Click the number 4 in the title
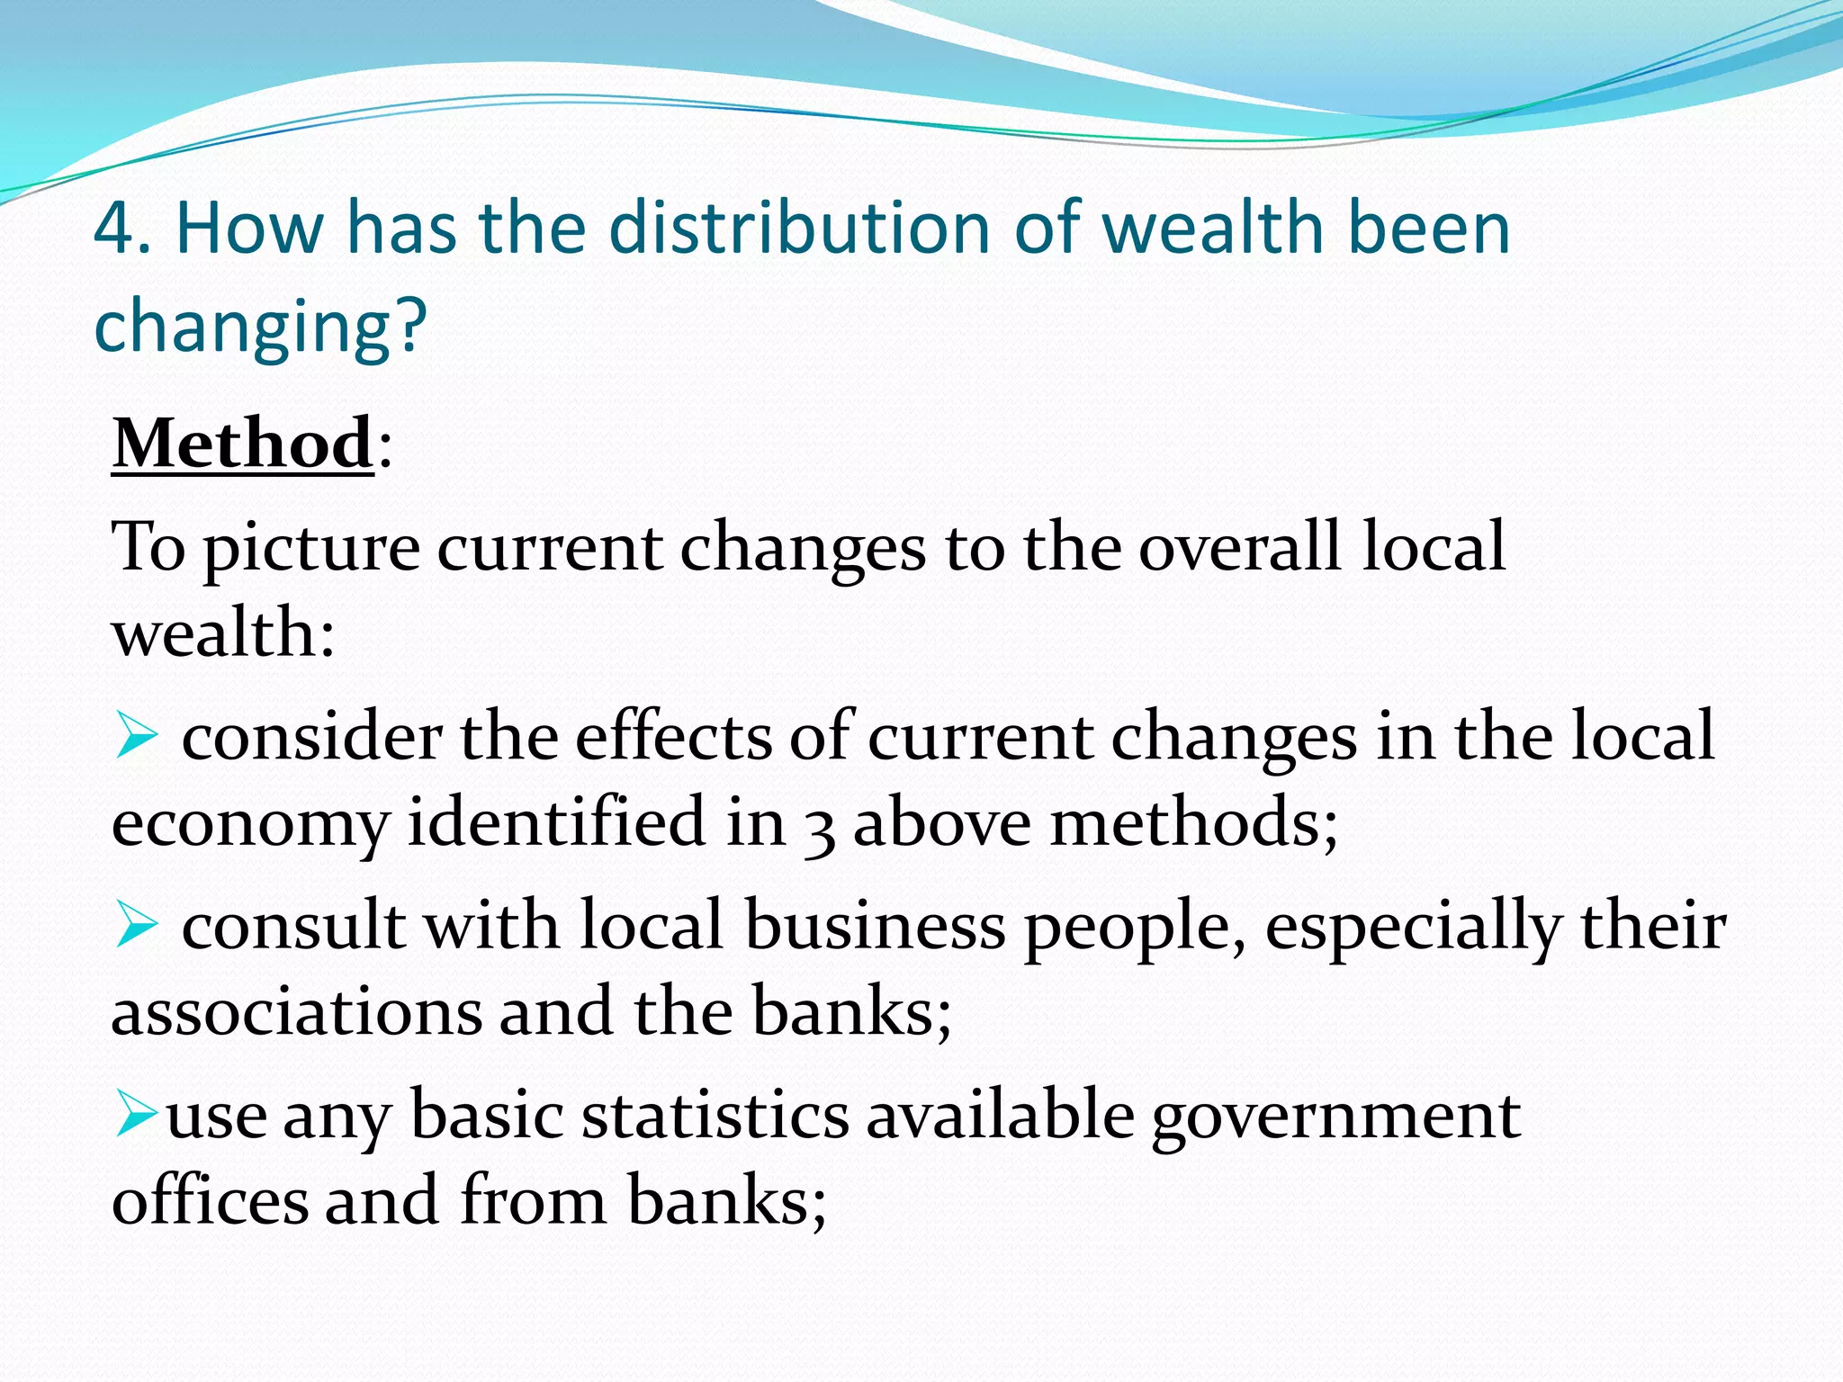(113, 229)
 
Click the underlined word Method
(242, 444)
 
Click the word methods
(1193, 822)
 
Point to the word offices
(210, 1200)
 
